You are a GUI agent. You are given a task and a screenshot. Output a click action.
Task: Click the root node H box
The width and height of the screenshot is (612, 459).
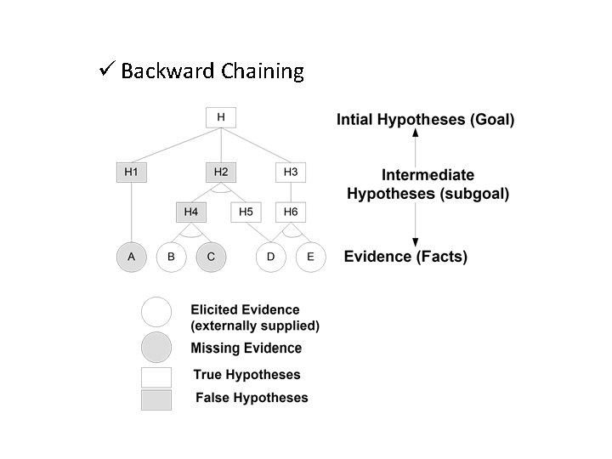click(221, 116)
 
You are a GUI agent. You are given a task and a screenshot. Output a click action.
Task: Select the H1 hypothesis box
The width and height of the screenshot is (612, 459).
click(131, 172)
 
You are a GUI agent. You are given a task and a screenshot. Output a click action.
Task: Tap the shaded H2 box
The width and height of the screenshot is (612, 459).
click(221, 172)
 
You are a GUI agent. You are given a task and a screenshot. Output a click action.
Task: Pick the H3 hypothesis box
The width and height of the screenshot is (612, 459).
click(291, 172)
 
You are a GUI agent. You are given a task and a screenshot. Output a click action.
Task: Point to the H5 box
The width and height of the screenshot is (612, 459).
click(246, 211)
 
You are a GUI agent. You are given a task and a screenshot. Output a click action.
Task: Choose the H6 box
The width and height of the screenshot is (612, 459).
click(291, 211)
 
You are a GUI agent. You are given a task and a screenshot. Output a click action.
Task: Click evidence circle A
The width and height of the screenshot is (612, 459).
click(131, 257)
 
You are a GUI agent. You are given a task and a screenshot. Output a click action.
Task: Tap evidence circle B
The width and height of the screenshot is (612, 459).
click(172, 257)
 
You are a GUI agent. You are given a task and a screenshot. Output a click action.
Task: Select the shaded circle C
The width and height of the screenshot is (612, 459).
click(211, 257)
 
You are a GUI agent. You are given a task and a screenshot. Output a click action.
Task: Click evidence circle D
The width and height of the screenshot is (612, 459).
click(271, 257)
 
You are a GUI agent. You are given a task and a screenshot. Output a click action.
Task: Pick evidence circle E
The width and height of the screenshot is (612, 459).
click(310, 257)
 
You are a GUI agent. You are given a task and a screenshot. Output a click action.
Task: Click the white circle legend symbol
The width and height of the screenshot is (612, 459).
click(156, 312)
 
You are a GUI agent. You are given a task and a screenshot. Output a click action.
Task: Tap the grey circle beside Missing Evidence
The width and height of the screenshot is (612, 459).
click(156, 347)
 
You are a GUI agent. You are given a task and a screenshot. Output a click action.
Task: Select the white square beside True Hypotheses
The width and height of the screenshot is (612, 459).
click(156, 377)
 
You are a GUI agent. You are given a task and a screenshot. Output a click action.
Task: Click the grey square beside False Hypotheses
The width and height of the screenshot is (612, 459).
click(156, 399)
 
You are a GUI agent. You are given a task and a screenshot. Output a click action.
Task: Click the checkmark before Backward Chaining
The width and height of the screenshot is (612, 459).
click(107, 70)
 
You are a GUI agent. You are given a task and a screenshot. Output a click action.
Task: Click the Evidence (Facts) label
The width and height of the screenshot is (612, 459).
click(405, 257)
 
